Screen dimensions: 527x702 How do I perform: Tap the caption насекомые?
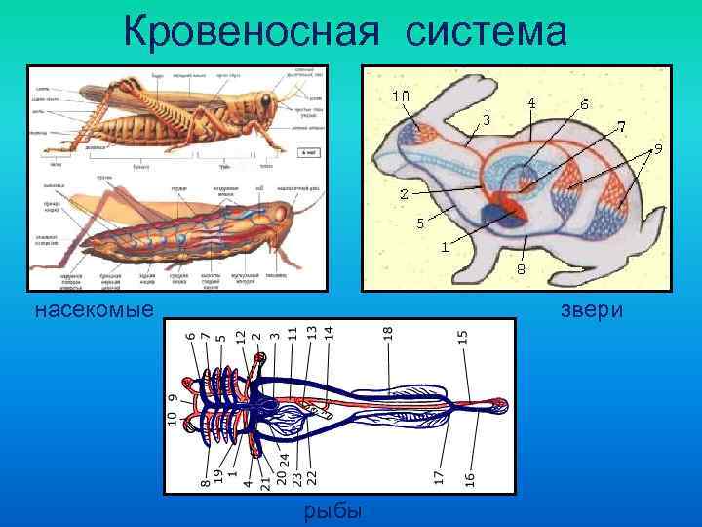click(x=94, y=311)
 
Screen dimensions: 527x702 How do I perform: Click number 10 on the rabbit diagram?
click(x=400, y=97)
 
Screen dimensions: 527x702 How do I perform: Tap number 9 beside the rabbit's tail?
click(x=658, y=149)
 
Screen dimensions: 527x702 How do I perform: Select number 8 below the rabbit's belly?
click(x=521, y=268)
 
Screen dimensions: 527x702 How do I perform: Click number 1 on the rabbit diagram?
click(x=444, y=246)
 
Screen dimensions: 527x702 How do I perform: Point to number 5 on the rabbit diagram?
click(x=420, y=223)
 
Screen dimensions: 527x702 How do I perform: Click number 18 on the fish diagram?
click(x=388, y=333)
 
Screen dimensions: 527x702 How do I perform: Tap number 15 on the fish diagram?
click(x=463, y=335)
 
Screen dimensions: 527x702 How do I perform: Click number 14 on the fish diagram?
click(x=330, y=332)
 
